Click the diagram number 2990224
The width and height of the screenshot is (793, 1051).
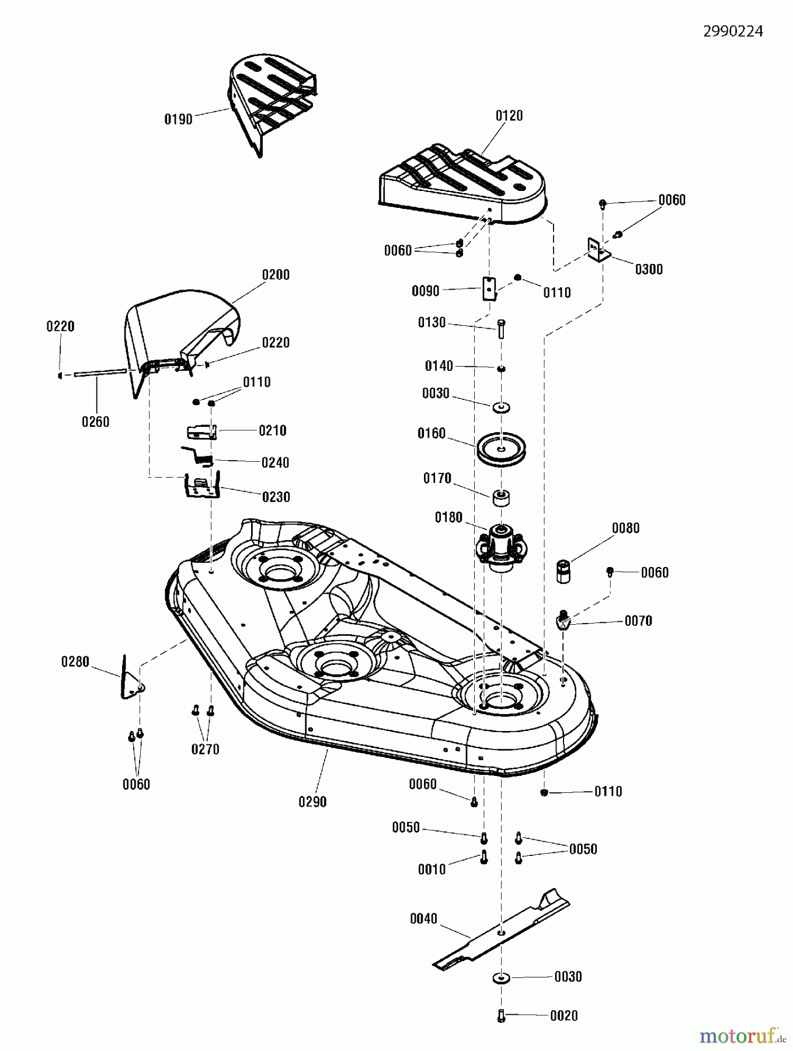pyautogui.click(x=733, y=32)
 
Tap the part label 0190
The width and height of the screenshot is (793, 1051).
pyautogui.click(x=178, y=120)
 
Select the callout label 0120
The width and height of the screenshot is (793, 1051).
pyautogui.click(x=509, y=116)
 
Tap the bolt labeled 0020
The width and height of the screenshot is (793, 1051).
pyautogui.click(x=501, y=1016)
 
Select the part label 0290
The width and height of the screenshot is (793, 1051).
pyautogui.click(x=312, y=802)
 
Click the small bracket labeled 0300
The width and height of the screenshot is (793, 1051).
pyautogui.click(x=599, y=250)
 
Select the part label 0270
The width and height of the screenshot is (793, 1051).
pyautogui.click(x=205, y=749)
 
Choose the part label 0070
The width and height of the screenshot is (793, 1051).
pyautogui.click(x=638, y=621)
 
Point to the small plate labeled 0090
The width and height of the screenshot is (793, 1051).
pyautogui.click(x=489, y=288)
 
